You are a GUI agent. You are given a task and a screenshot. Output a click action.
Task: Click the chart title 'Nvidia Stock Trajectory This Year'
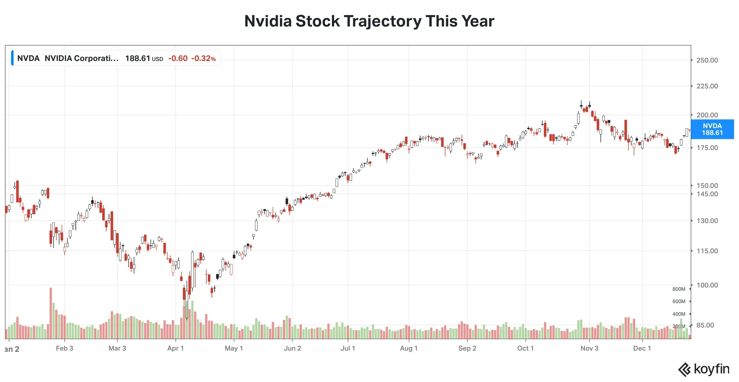[369, 21]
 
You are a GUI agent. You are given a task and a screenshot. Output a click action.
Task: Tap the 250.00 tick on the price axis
[707, 60]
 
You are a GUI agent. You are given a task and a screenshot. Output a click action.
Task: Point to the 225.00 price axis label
[707, 86]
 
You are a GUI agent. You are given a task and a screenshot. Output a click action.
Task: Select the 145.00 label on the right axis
[707, 194]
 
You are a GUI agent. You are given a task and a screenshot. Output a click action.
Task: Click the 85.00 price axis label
[705, 325]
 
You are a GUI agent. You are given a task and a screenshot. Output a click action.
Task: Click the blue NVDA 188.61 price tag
[712, 129]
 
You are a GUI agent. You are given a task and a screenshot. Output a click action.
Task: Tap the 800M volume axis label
[679, 289]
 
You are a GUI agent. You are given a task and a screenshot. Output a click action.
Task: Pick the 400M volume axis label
[679, 314]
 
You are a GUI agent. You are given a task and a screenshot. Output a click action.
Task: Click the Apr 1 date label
[176, 348]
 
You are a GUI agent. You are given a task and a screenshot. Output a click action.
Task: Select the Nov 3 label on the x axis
[589, 348]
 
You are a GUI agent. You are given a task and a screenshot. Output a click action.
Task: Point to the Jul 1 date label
[348, 348]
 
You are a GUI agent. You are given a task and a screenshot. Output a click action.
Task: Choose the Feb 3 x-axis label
[65, 348]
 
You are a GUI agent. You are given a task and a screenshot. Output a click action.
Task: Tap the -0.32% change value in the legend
[204, 59]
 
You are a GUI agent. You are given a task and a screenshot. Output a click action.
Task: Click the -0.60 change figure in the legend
[178, 59]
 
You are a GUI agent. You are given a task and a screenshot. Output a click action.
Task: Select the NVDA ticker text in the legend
[28, 59]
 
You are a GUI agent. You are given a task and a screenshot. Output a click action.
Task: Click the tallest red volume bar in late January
[51, 313]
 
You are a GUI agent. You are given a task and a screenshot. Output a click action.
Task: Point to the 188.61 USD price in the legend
[144, 59]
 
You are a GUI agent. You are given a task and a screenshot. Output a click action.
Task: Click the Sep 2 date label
[467, 348]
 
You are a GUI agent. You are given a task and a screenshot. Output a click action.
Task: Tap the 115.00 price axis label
[707, 251]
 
